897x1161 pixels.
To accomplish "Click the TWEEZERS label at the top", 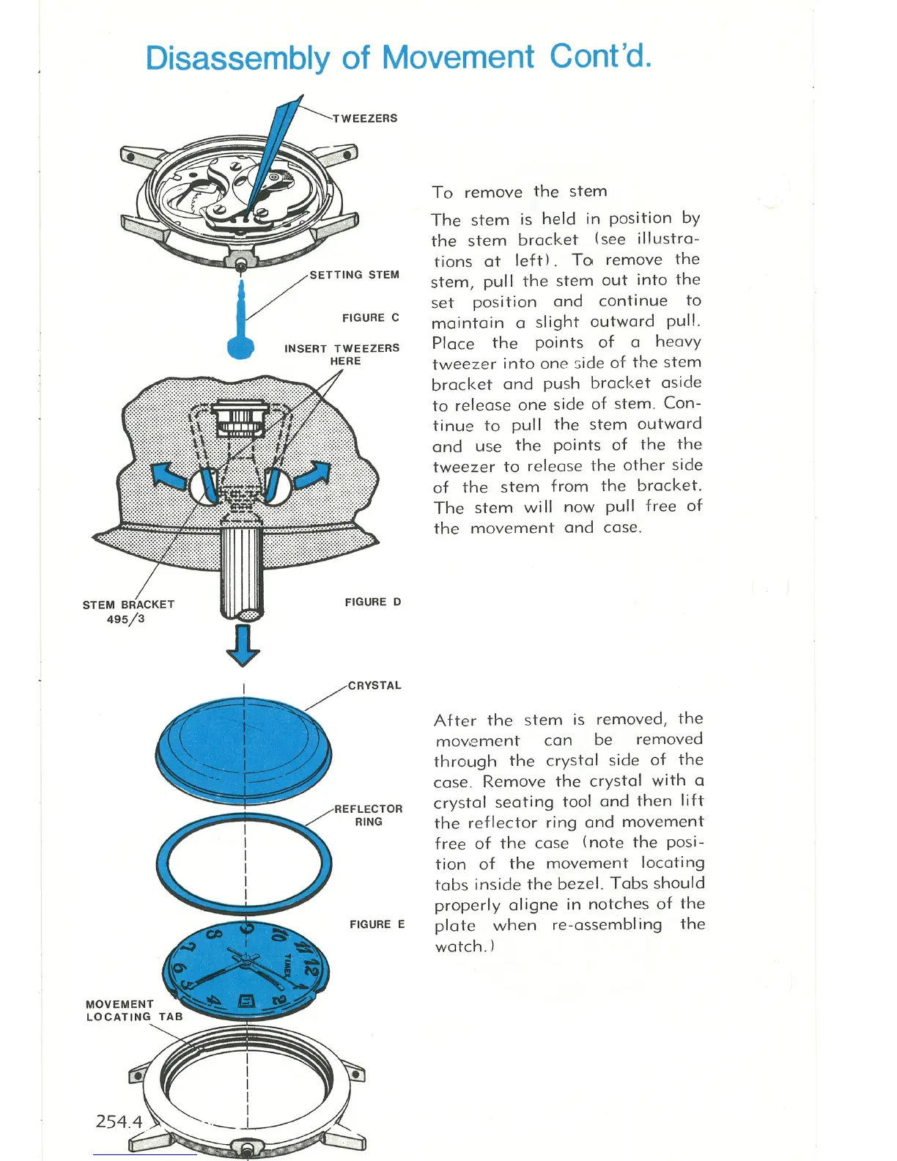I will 365,119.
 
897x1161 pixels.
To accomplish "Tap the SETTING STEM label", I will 354,275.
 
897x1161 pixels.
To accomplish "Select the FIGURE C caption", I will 370,318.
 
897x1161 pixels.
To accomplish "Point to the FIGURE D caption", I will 372,602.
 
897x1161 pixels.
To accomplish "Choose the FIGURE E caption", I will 377,925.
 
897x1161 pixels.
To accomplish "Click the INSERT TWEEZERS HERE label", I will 342,355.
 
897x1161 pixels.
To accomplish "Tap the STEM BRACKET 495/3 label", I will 128,612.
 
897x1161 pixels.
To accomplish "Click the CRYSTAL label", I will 374,686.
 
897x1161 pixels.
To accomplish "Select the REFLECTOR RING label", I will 369,815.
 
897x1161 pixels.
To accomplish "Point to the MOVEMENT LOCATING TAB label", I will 133,1011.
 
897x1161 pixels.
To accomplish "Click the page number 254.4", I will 119,1121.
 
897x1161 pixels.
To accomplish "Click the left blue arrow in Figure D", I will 168,476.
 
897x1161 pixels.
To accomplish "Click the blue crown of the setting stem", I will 240,346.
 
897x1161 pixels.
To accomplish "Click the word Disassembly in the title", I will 237,58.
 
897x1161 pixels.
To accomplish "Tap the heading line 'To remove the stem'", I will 519,192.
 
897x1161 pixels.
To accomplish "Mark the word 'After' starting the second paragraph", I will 455,720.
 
